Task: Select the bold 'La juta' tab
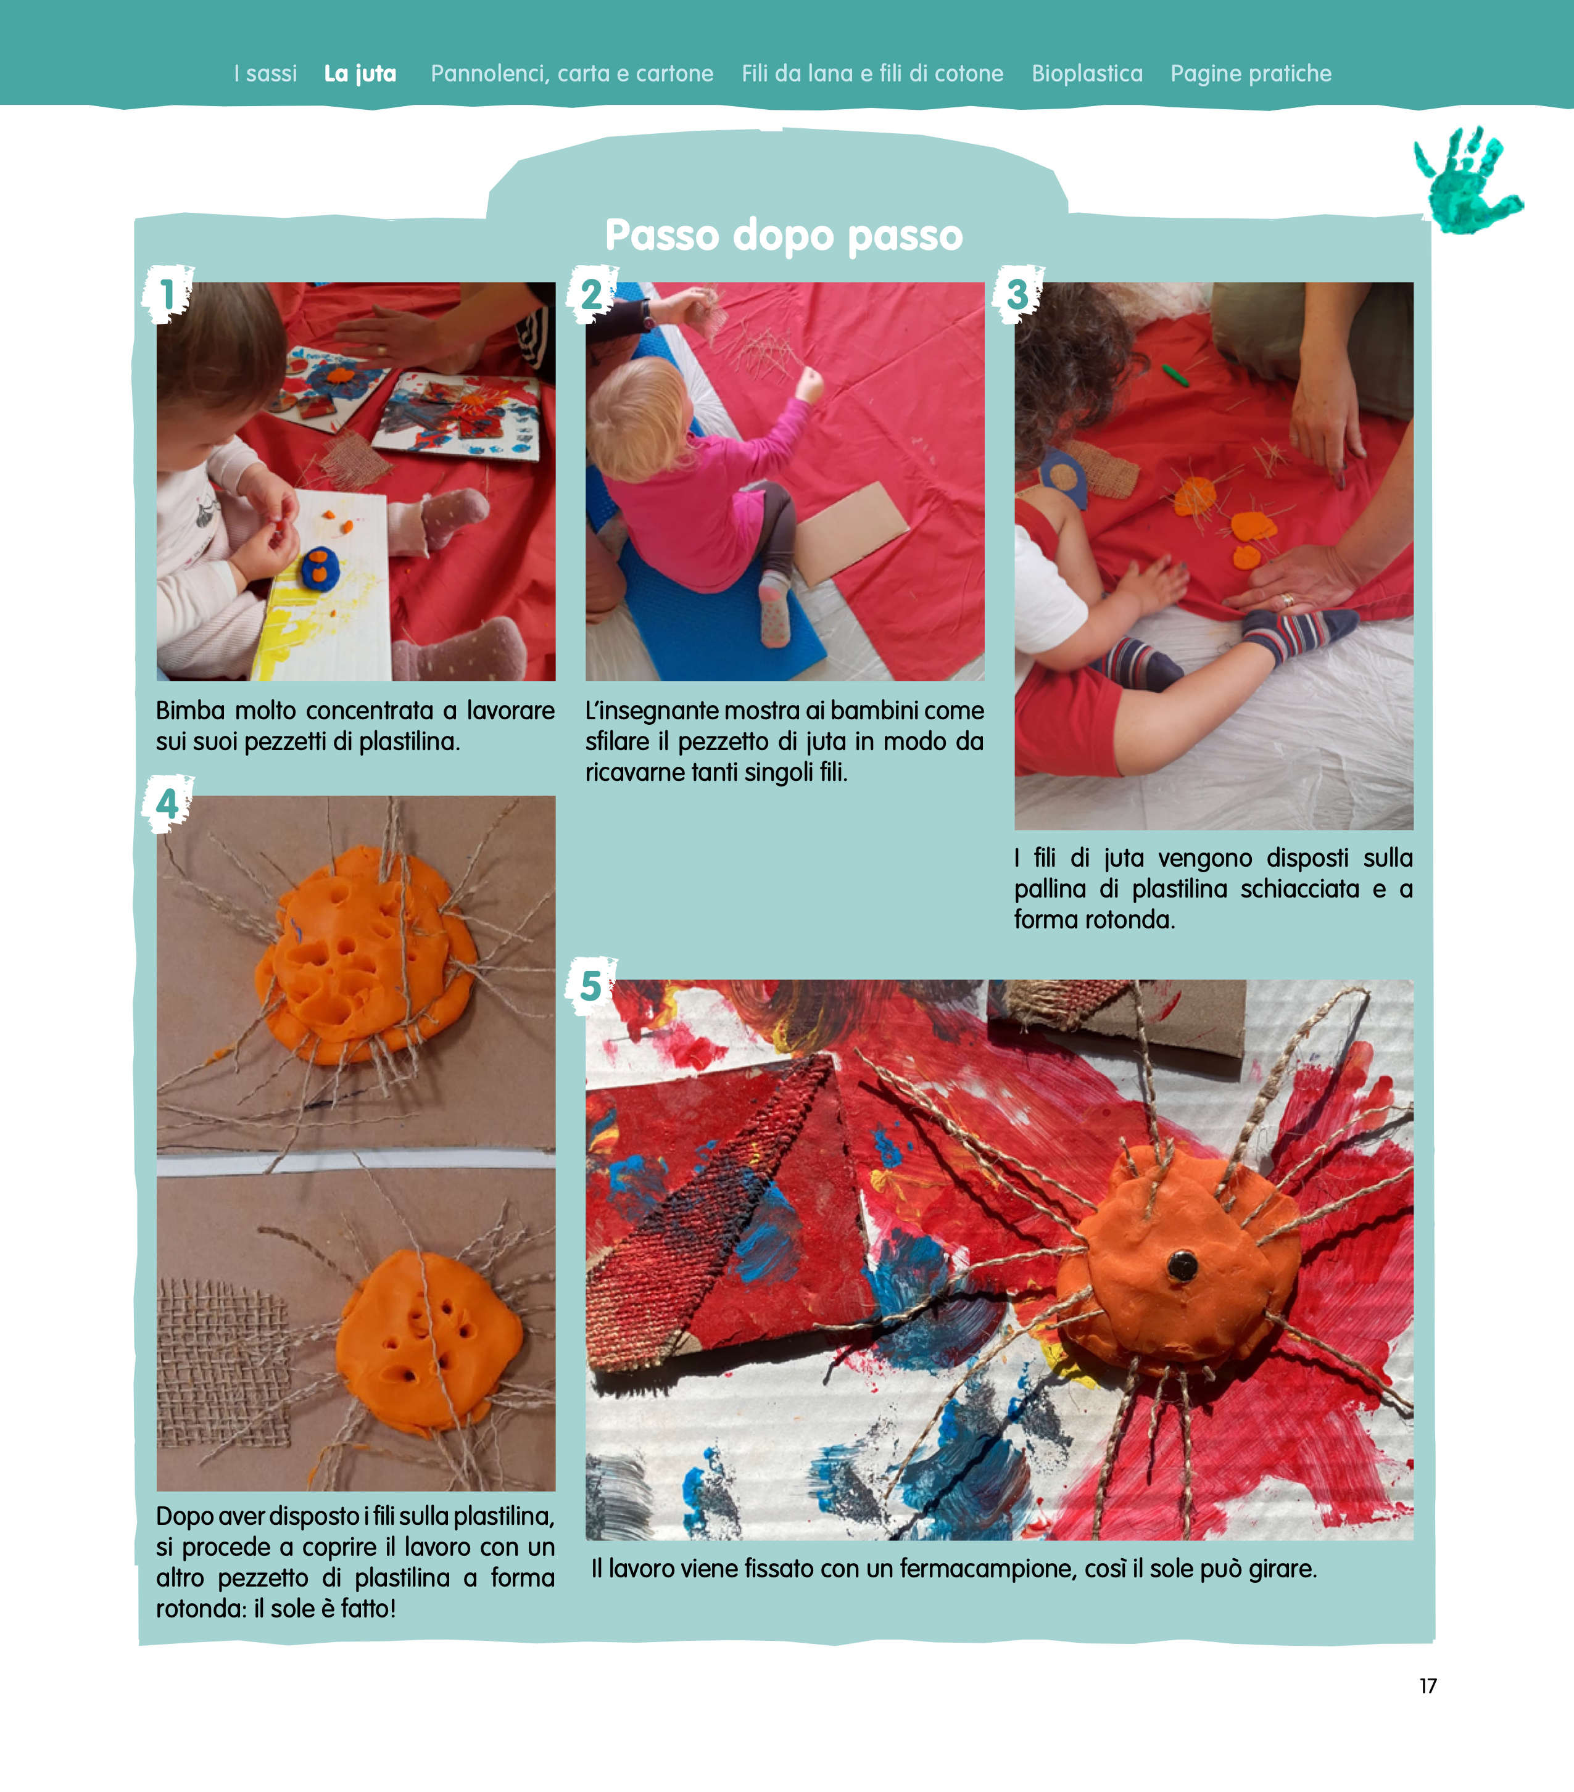click(x=360, y=73)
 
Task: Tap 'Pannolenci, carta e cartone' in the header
click(x=572, y=73)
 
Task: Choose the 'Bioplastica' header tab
click(x=1087, y=73)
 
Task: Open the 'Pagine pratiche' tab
click(x=1251, y=73)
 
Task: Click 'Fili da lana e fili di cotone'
click(x=872, y=73)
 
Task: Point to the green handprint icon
click(x=1468, y=180)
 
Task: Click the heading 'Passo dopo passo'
click(x=784, y=235)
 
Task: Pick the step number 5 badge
click(x=591, y=986)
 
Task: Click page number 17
click(x=1428, y=1685)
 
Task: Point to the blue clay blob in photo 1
click(x=321, y=569)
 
